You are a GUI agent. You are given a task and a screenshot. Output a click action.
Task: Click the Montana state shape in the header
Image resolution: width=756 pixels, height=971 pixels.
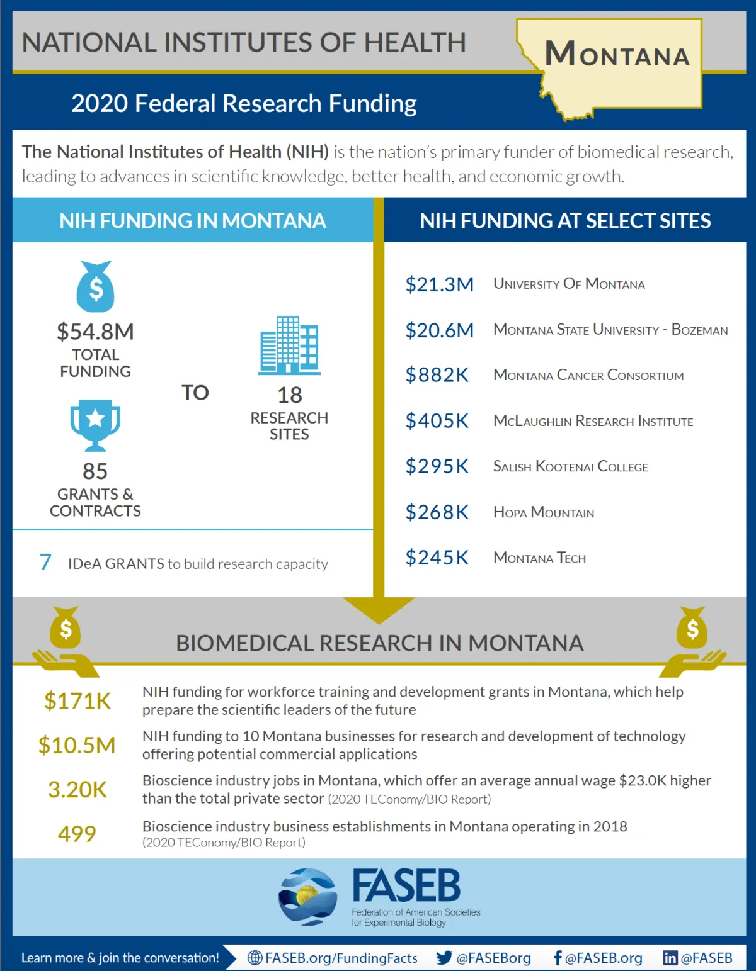coord(614,63)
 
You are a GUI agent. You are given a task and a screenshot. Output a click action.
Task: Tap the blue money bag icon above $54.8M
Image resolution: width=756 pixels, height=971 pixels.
coord(95,287)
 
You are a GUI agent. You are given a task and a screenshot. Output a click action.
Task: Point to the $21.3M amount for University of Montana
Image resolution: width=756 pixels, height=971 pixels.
coord(439,284)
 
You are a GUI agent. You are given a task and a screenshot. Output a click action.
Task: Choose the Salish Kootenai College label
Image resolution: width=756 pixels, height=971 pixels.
coord(570,467)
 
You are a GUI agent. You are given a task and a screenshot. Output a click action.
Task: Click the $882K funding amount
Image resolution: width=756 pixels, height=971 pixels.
coord(437,375)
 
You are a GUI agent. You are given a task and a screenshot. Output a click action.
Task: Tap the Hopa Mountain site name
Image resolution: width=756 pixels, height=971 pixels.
coord(543,512)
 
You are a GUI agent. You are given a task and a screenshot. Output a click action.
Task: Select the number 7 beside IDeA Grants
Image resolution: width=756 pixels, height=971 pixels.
coord(45,562)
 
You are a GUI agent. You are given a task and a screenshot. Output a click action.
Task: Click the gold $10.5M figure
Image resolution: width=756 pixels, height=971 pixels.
coord(77,745)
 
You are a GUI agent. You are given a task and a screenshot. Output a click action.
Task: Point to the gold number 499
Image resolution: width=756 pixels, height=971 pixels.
coord(77,834)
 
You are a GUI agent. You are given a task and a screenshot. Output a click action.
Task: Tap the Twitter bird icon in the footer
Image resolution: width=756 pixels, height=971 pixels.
coord(444,958)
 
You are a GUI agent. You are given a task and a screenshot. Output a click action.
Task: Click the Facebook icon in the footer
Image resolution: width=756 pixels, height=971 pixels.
coord(558,958)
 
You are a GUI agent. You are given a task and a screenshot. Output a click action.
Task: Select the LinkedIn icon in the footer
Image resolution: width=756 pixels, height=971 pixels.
coord(670,958)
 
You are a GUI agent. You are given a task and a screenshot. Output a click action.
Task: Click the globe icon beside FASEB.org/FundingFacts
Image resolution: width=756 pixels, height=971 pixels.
coord(255,958)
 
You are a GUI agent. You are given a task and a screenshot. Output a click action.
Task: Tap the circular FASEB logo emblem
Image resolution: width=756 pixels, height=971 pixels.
coord(308,897)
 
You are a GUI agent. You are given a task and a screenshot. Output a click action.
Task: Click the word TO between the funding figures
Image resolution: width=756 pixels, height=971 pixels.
coord(195,393)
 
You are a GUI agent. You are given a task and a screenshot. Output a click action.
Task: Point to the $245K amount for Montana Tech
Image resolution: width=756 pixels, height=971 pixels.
coord(437,558)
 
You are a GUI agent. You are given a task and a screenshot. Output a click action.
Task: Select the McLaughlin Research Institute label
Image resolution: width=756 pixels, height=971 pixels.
coord(593,421)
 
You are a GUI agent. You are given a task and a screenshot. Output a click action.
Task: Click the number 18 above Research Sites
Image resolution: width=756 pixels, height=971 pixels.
coord(290,395)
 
